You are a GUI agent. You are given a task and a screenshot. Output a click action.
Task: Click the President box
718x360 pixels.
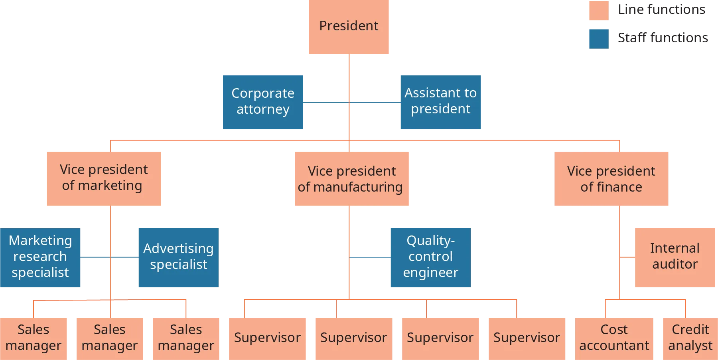(348, 26)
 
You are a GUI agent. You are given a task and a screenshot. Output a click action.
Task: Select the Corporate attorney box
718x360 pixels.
(262, 102)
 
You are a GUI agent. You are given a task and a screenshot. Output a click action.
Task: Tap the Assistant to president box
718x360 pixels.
(440, 102)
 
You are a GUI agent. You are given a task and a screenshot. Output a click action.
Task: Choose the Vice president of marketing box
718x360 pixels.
(104, 178)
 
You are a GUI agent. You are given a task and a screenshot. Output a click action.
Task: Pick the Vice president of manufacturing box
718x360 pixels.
(352, 178)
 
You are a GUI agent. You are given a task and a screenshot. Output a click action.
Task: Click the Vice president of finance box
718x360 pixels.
(611, 178)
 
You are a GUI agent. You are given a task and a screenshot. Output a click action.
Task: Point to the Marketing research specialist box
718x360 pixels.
(41, 257)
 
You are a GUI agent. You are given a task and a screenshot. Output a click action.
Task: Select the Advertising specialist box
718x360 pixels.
(178, 257)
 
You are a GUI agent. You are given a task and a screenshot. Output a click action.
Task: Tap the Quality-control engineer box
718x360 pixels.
(430, 257)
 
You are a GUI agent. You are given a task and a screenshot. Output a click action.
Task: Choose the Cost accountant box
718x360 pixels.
(614, 338)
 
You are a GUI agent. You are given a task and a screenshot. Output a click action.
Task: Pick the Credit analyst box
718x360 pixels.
(690, 338)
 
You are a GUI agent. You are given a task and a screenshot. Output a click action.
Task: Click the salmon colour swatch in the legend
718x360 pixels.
(598, 11)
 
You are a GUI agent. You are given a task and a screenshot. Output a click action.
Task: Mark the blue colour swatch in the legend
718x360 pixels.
(598, 40)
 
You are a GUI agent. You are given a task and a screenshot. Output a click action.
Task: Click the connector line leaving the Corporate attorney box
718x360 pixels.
(325, 102)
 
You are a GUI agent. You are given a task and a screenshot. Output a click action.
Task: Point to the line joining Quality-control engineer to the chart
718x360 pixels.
(370, 257)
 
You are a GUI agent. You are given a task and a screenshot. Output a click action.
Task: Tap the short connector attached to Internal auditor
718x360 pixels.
(628, 257)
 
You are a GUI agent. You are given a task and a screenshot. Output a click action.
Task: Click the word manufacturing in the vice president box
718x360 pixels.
(358, 187)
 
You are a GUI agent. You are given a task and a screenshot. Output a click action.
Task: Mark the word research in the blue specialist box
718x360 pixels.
(40, 257)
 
